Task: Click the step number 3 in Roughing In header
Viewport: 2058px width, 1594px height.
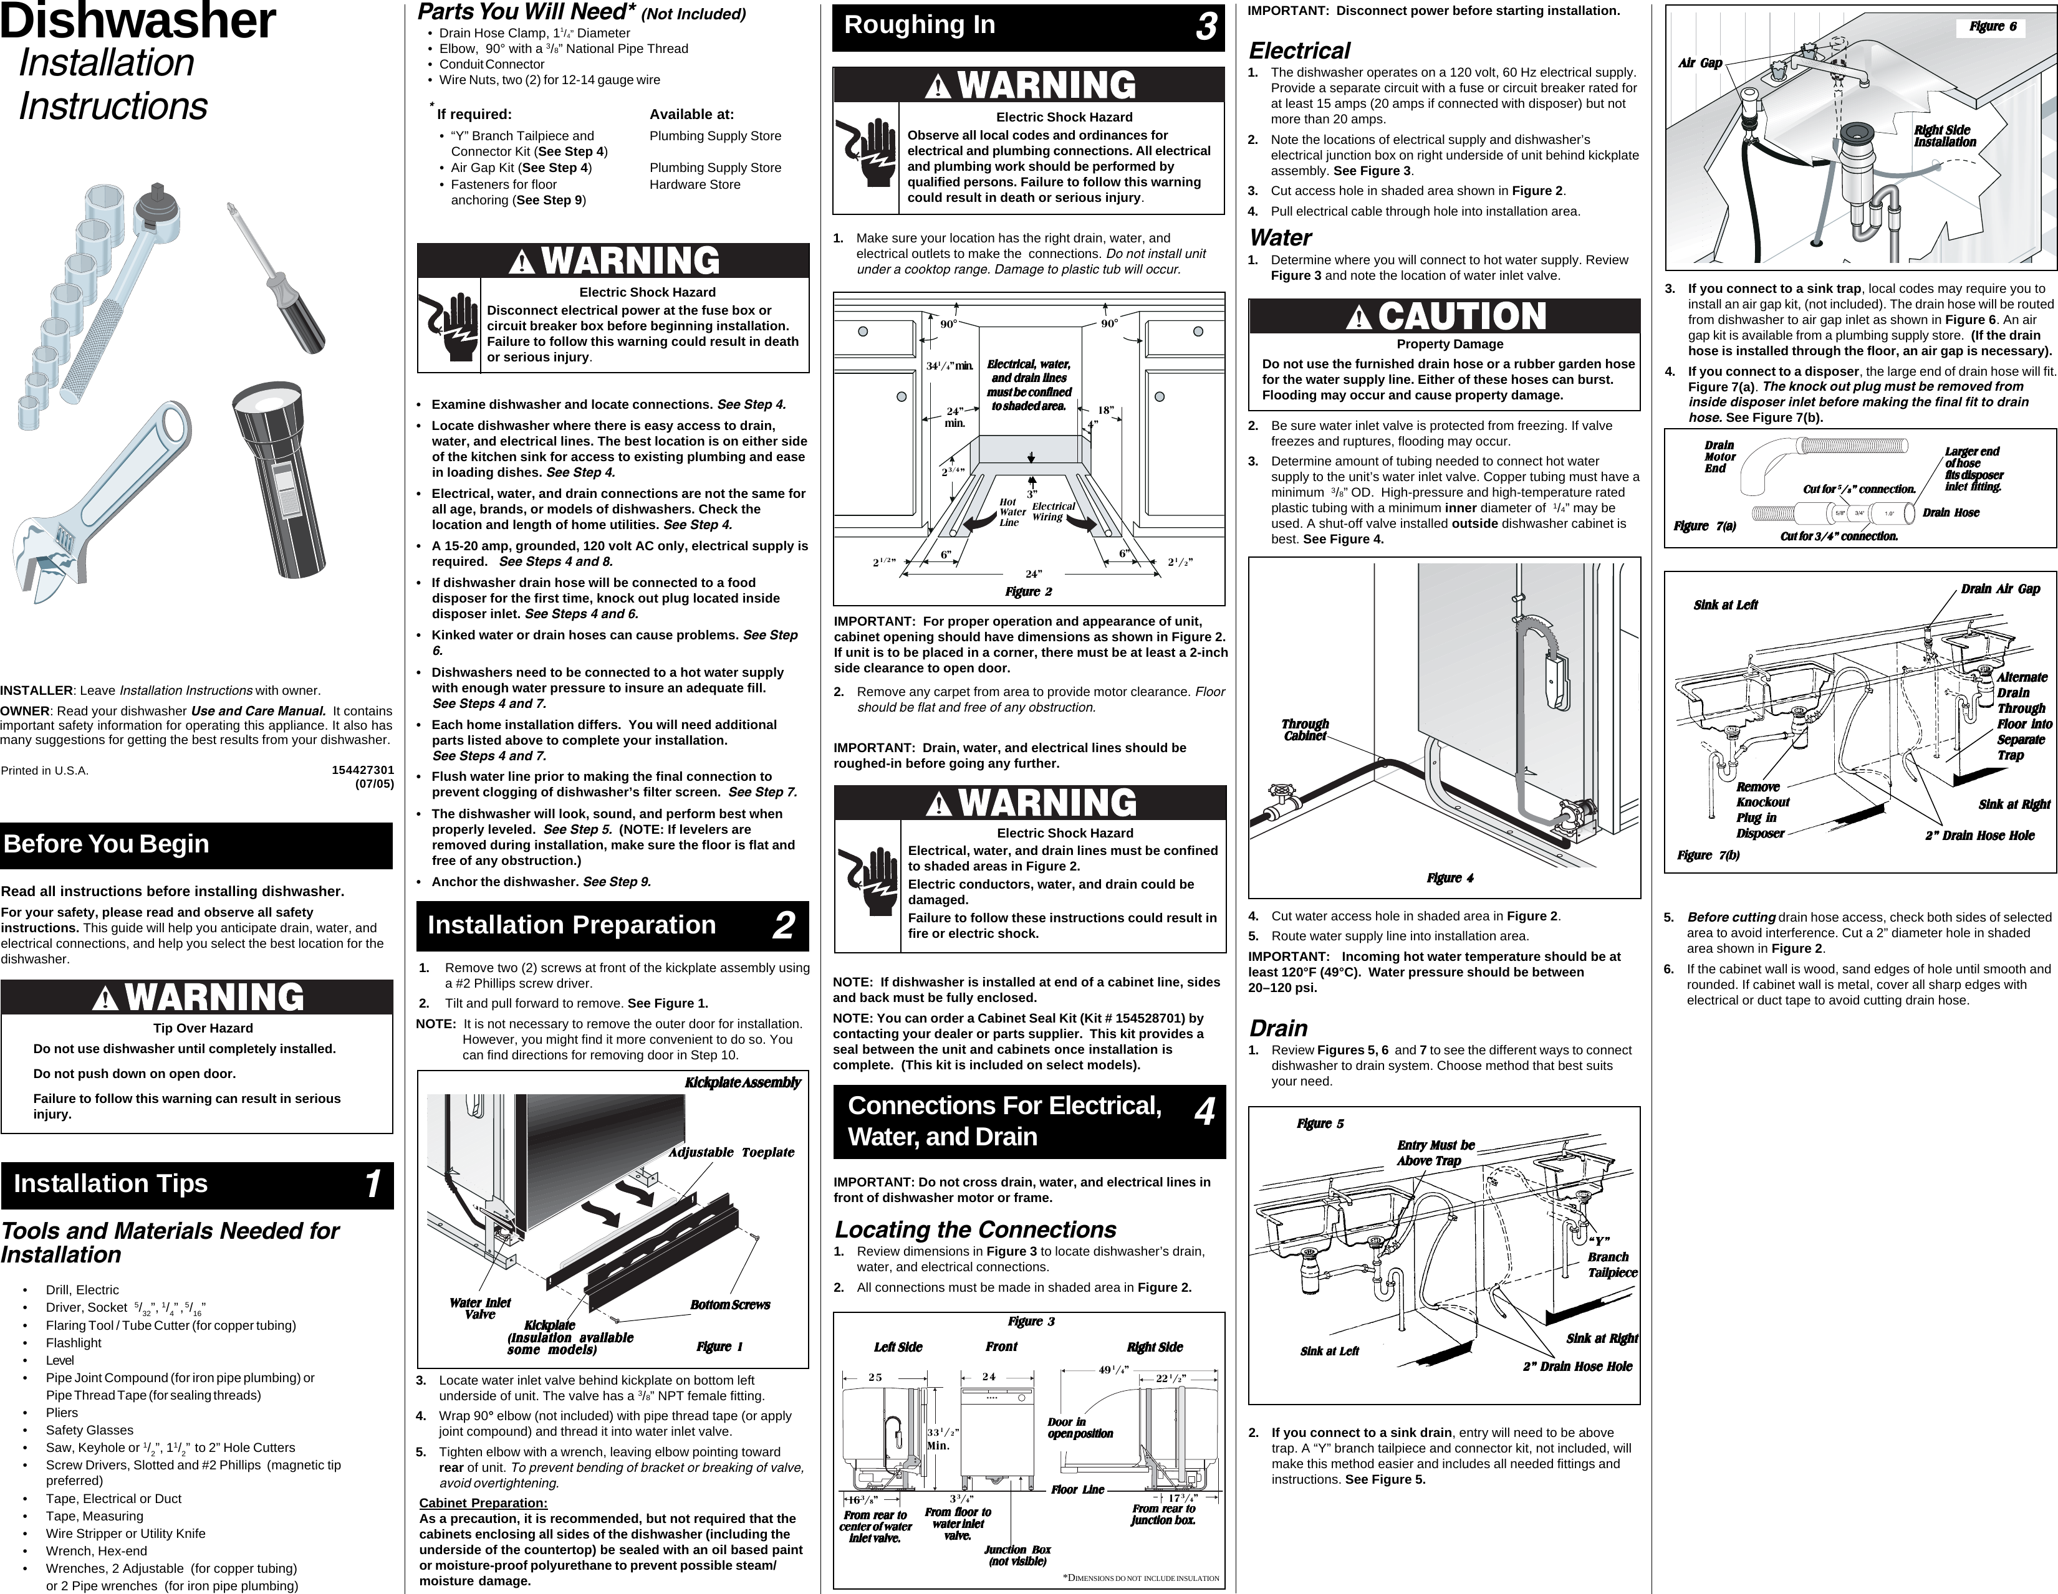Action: coord(1205,27)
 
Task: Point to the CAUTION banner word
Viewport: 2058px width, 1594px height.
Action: coord(1461,317)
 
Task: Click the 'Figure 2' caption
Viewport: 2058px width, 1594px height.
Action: coord(1028,591)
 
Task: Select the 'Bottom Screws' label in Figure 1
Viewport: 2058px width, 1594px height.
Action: coord(729,1305)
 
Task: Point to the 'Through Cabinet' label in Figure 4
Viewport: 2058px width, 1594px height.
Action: coord(1305,730)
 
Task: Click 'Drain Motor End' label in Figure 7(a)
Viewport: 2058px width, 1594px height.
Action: coord(1719,457)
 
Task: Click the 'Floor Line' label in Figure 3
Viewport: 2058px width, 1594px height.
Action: coord(1077,1489)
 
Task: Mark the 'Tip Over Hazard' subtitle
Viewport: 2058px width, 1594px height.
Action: coord(203,1028)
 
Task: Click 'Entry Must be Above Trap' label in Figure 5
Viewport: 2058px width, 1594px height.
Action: coord(1435,1153)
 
